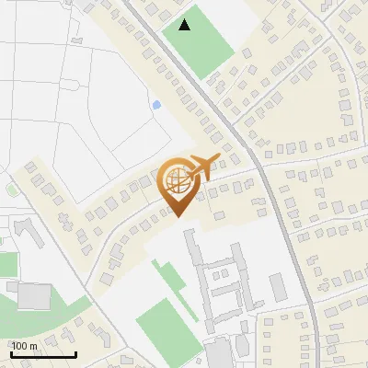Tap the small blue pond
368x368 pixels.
(155, 105)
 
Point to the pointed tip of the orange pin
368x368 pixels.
(178, 217)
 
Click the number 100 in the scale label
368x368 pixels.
(20, 346)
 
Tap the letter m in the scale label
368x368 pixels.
(33, 346)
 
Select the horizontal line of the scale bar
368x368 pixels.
(42, 354)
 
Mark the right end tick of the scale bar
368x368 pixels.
(75, 351)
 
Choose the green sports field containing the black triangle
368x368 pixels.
(197, 42)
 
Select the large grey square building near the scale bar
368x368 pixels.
(35, 296)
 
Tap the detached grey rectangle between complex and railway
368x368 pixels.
(280, 287)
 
